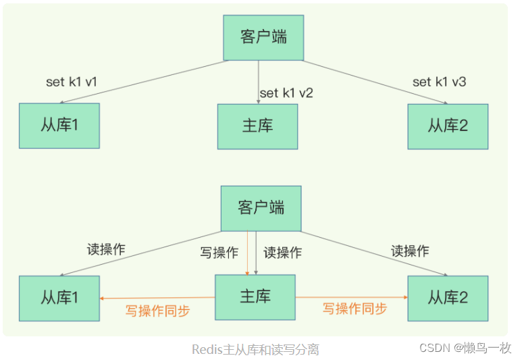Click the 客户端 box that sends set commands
point(263,37)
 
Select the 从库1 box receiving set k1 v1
point(59,126)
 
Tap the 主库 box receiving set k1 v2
point(257,126)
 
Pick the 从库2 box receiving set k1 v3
point(448,126)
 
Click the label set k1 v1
point(72,82)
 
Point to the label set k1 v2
point(286,93)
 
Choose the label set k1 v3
point(439,82)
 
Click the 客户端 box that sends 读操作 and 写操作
point(261,207)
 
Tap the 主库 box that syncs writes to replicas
point(255,297)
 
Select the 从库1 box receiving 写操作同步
point(59,298)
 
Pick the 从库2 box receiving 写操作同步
point(448,298)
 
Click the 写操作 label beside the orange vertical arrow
point(219,253)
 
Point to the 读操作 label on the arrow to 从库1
point(106,249)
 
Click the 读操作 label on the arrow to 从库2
point(410,251)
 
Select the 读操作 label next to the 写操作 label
point(282,253)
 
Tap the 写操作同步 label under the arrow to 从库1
point(157,311)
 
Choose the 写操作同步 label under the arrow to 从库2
point(355,309)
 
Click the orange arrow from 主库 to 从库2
point(351,297)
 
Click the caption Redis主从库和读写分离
point(255,349)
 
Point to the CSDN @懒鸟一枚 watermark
point(465,348)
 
